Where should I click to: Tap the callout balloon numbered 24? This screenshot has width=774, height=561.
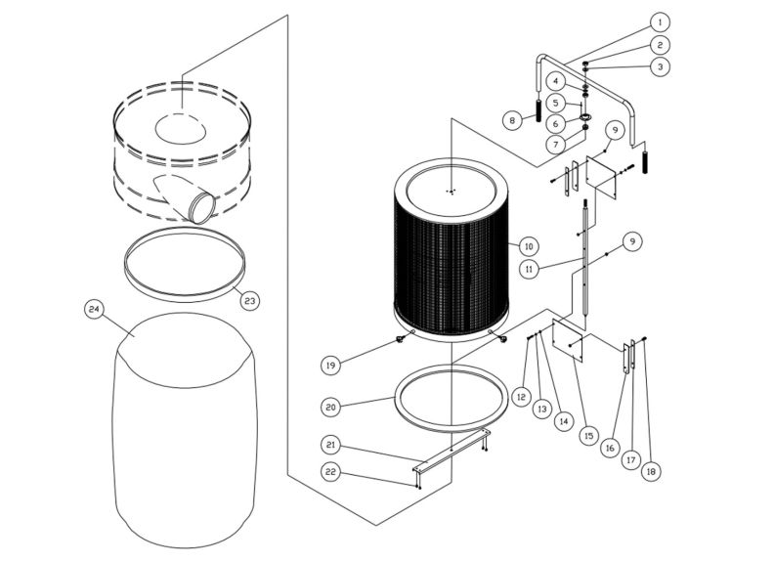pyautogui.click(x=94, y=309)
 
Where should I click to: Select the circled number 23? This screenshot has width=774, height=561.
pyautogui.click(x=249, y=300)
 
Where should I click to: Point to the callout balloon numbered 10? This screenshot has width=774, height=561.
pyautogui.click(x=529, y=245)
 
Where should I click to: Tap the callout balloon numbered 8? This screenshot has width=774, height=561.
pyautogui.click(x=510, y=120)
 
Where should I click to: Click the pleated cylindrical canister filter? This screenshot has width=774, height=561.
pyautogui.click(x=453, y=249)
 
